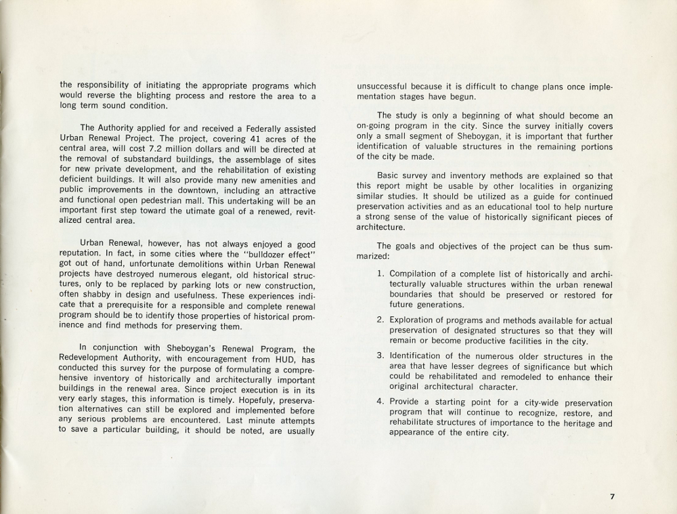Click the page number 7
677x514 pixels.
(x=612, y=496)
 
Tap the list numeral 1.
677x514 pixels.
(x=380, y=274)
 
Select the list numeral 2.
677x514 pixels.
(x=380, y=320)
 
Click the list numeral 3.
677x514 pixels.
(x=380, y=356)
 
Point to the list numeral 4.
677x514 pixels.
(x=380, y=403)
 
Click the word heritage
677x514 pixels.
(x=575, y=423)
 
